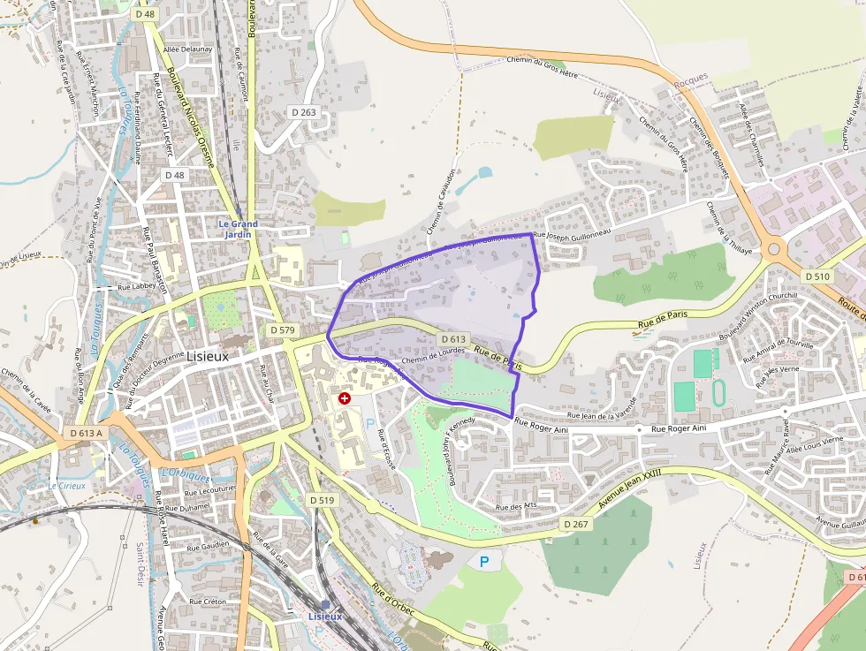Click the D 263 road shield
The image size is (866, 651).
[303, 112]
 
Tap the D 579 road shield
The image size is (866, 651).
[282, 329]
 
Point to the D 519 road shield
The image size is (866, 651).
[323, 500]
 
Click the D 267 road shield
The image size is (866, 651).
[575, 524]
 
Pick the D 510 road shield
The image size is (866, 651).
[817, 276]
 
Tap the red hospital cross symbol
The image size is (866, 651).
[344, 399]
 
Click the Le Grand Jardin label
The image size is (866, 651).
[239, 229]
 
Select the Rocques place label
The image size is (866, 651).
[691, 79]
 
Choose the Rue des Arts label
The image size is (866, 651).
[517, 507]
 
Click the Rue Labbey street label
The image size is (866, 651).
[137, 287]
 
